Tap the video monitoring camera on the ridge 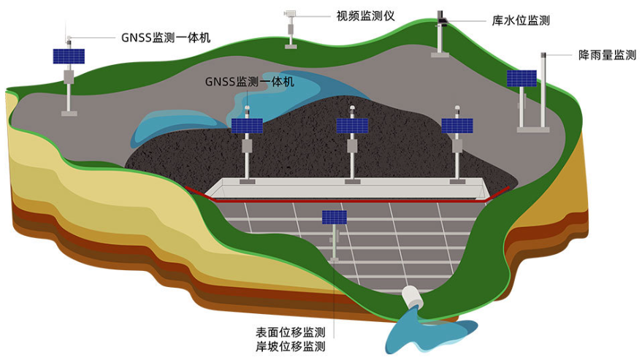[291, 13]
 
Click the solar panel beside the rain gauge [521, 78]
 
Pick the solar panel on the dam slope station [335, 217]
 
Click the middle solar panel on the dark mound [352, 126]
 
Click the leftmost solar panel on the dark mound [247, 126]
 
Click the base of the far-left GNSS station [69, 112]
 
